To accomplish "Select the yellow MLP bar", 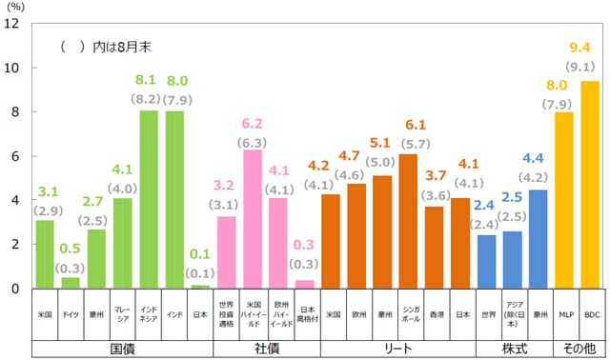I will tap(563, 200).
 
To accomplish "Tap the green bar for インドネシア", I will tap(149, 199).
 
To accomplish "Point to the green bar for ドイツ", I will tap(71, 282).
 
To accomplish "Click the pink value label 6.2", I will tap(252, 124).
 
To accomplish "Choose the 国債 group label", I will tap(122, 349).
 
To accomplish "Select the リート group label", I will tap(396, 349).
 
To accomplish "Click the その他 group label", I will tap(577, 349).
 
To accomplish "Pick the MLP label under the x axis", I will tap(563, 313).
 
